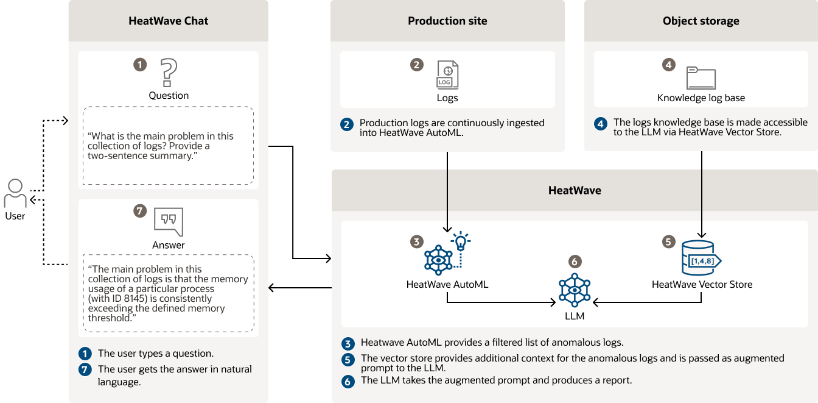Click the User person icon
click(15, 193)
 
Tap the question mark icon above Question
click(169, 73)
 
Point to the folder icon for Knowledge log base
click(701, 78)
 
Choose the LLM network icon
click(575, 290)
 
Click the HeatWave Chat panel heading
click(169, 21)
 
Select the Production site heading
click(447, 21)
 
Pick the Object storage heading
click(701, 21)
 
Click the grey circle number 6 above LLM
click(575, 262)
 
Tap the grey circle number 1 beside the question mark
click(140, 64)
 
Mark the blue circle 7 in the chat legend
click(86, 369)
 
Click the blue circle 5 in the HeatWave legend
click(348, 360)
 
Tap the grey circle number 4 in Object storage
click(669, 64)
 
